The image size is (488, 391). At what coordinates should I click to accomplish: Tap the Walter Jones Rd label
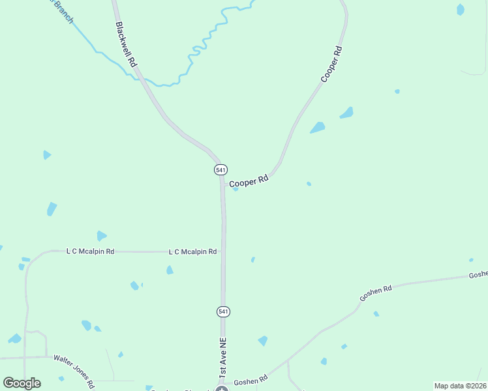[74, 368]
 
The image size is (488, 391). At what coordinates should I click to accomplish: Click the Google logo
[22, 383]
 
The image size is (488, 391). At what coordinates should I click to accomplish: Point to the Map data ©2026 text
[459, 386]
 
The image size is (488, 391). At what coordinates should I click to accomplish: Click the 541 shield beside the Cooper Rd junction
[221, 169]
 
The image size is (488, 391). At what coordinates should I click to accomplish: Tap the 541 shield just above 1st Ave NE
[223, 311]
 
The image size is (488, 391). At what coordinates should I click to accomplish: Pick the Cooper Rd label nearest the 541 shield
[249, 181]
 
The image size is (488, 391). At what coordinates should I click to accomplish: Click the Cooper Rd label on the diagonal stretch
[331, 64]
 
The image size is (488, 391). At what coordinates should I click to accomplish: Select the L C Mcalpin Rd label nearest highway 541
[192, 252]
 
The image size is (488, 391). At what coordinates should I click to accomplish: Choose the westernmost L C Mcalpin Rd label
[91, 251]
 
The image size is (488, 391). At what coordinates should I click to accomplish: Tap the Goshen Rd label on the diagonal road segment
[375, 293]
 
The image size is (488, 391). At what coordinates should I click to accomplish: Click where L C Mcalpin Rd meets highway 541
[223, 252]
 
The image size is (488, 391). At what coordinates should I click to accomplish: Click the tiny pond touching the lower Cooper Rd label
[236, 189]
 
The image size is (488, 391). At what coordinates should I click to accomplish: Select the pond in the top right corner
[461, 9]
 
